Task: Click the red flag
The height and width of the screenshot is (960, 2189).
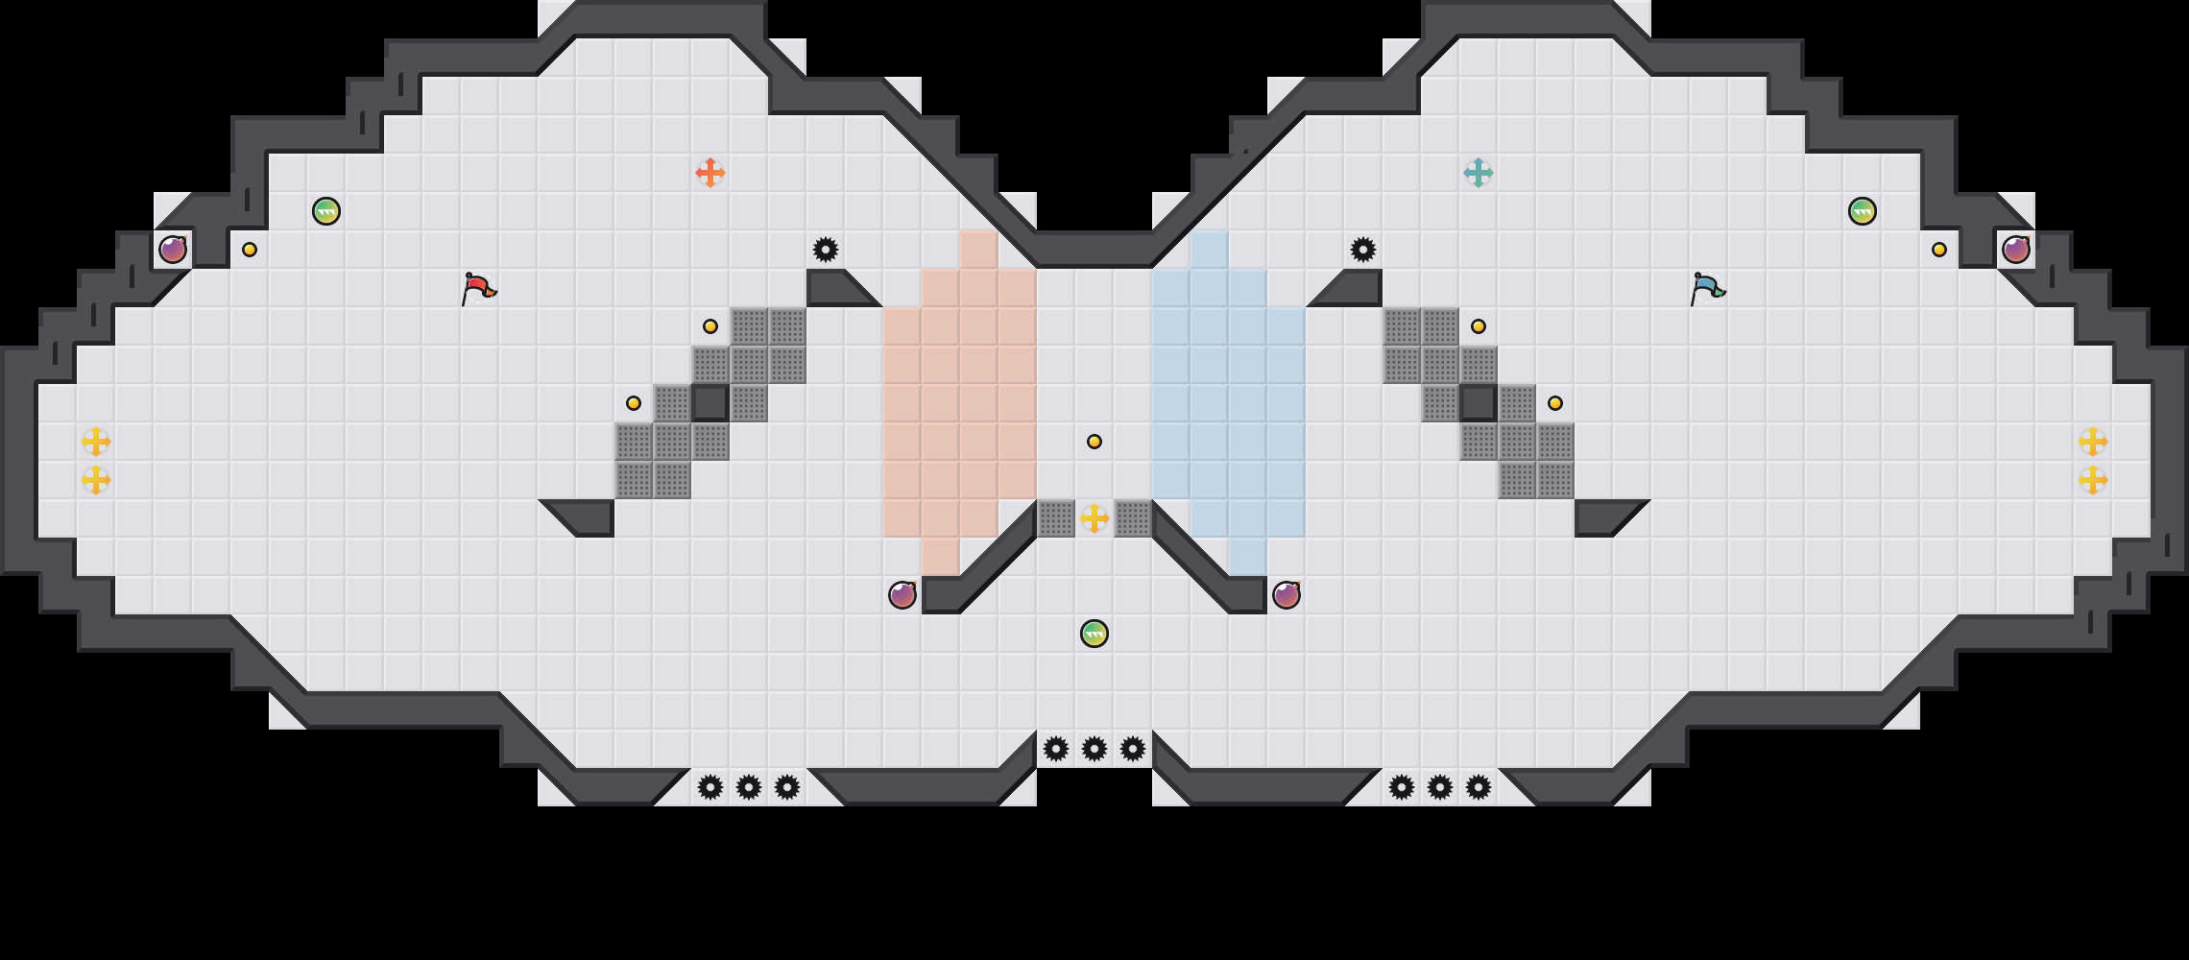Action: pos(478,287)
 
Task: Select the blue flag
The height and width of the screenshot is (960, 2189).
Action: pos(1707,287)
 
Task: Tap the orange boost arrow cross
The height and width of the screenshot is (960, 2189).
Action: pos(710,173)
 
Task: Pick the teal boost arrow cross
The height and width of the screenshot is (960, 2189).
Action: pos(1479,173)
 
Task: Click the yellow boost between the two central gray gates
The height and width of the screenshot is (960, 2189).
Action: pos(1094,518)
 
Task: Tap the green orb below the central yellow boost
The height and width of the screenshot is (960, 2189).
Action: pos(1094,634)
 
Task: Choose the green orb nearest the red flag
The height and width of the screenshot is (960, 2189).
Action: pos(326,211)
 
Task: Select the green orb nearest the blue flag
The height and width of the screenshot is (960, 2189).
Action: pos(1863,211)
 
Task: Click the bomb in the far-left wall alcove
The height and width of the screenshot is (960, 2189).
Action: pos(173,250)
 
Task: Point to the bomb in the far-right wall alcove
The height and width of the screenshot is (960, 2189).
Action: pos(2016,250)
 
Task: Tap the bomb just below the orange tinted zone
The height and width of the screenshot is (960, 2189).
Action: pos(902,595)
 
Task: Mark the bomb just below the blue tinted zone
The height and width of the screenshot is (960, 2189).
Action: pos(1287,595)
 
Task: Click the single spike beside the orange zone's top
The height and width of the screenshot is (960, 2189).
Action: pos(826,250)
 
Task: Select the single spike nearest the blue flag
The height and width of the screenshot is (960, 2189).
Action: pos(1363,250)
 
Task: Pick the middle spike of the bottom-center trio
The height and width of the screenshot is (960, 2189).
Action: pos(1094,749)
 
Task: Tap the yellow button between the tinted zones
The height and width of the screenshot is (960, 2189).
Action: pos(1094,442)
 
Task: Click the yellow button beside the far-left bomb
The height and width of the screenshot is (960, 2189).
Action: pos(250,250)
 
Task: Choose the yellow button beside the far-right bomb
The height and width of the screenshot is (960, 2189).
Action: pos(1939,250)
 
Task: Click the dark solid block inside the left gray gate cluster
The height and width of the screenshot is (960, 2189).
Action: pos(710,403)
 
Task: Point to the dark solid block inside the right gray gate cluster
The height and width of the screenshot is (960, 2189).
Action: pos(1479,403)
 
